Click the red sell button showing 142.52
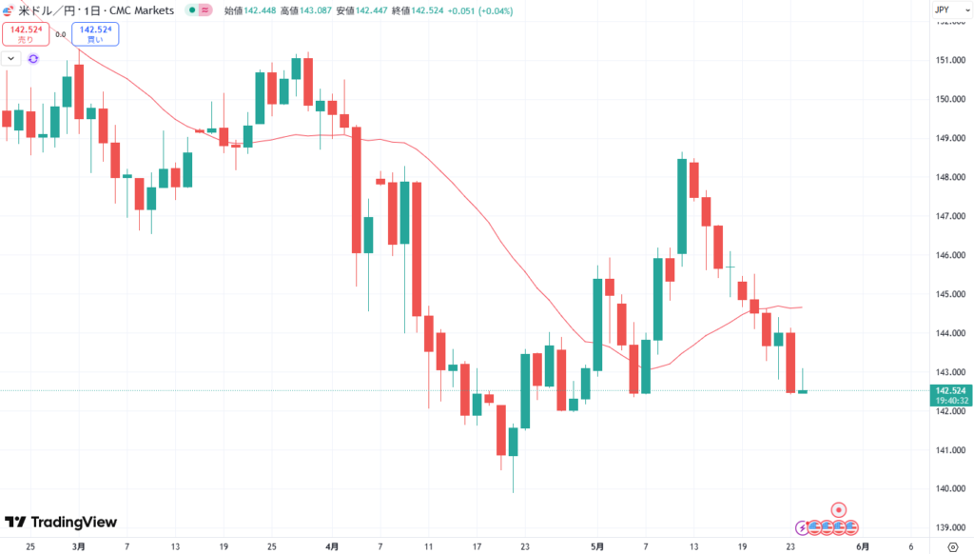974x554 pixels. [25, 34]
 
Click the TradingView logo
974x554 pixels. [61, 522]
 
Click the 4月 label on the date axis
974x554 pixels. [331, 546]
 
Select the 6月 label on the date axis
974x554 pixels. [862, 546]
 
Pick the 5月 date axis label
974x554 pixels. [596, 546]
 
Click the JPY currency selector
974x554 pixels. [943, 10]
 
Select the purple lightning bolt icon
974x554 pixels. [802, 526]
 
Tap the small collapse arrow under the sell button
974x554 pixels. [10, 58]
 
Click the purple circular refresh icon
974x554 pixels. [33, 58]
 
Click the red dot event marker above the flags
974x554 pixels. [839, 509]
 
